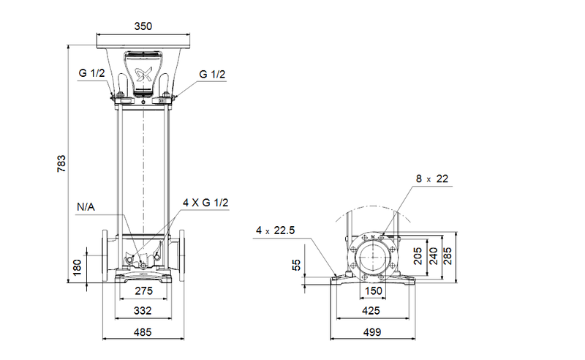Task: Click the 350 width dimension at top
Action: tap(143, 26)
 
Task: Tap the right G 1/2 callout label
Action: tap(212, 74)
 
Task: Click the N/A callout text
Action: tap(86, 208)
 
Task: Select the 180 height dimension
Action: tap(78, 266)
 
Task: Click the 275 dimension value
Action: tap(143, 291)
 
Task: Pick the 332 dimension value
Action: tap(143, 311)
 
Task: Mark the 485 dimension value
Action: tap(143, 332)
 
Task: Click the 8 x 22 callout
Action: tap(431, 179)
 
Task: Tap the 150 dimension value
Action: tap(374, 291)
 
